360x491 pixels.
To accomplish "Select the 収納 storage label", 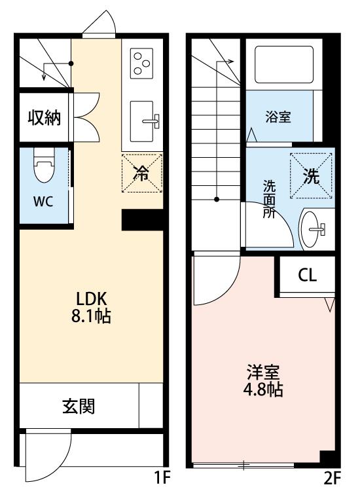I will [44, 118].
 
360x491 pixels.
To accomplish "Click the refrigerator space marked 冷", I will [141, 173].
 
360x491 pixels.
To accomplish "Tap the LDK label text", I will [90, 295].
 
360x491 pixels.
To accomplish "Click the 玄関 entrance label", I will [79, 407].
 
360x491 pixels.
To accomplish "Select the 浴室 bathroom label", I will [278, 118].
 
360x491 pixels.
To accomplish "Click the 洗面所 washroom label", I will [269, 198].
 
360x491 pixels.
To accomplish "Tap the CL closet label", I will [307, 275].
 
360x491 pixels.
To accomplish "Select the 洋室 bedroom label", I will [264, 374].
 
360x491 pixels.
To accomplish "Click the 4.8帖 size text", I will [264, 391].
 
